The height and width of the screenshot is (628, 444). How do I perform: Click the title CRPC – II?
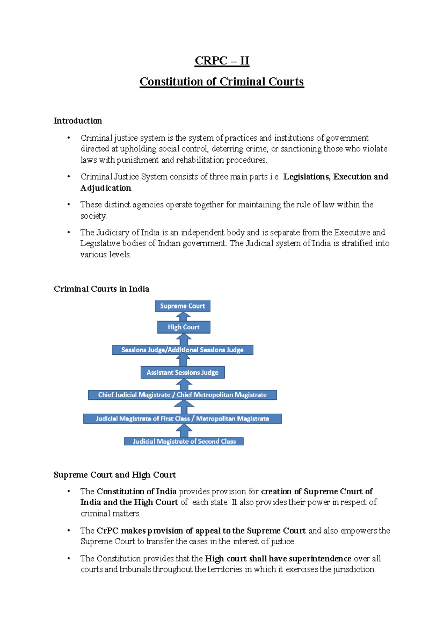222,61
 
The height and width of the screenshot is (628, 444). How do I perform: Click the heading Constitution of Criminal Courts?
222,82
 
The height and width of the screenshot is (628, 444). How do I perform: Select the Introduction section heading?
78,121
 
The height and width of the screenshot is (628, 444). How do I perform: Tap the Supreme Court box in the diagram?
182,306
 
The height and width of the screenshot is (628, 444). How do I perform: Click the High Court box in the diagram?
184,327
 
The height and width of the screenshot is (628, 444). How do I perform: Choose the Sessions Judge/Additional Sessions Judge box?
182,350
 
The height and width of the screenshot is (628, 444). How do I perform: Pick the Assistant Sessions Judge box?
182,373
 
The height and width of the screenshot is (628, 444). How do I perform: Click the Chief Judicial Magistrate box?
182,395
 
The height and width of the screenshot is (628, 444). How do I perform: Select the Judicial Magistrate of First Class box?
182,419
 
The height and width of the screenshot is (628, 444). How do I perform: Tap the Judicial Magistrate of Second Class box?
184,441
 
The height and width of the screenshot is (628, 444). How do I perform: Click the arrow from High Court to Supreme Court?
183,317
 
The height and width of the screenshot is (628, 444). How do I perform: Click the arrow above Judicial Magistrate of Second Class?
184,430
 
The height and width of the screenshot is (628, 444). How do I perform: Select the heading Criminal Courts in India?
101,289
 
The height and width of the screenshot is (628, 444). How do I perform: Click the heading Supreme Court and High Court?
115,475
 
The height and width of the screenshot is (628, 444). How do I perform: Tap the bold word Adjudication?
106,188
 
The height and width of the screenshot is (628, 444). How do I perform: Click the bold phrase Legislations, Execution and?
336,177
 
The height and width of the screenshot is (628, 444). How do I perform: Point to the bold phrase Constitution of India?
137,491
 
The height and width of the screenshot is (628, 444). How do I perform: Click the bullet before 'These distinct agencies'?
68,204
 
